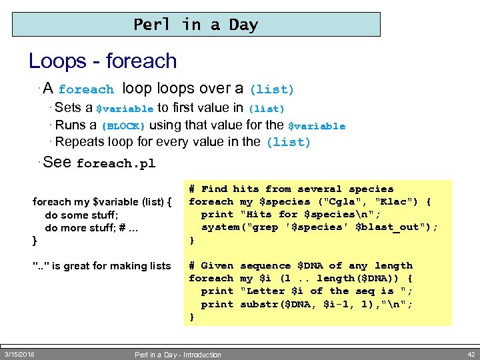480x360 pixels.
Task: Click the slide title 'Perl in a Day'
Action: click(195, 25)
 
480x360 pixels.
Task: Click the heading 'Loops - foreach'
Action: click(103, 61)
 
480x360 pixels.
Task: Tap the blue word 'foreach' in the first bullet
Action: click(86, 89)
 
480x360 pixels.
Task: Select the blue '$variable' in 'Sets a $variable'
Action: click(125, 108)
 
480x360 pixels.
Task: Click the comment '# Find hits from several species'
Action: click(291, 189)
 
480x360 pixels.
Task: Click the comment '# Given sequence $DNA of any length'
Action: click(301, 265)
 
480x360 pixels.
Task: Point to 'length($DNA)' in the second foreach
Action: click(368, 278)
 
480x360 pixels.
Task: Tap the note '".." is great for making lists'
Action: click(102, 266)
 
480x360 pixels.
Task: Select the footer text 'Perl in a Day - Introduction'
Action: click(177, 355)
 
